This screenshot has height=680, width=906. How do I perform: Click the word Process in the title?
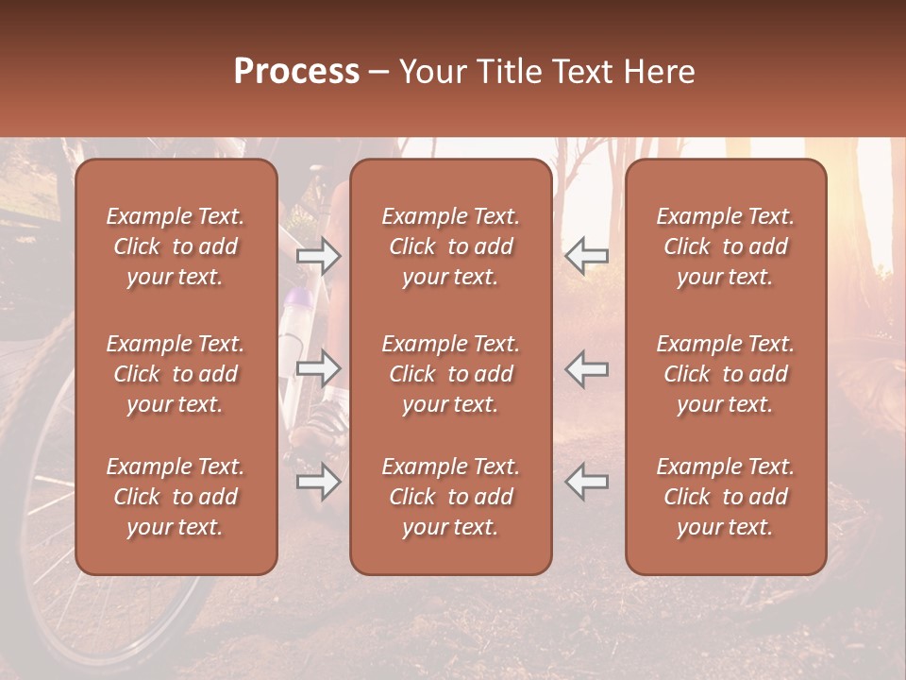[296, 72]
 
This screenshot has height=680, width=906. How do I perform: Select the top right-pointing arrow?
[319, 256]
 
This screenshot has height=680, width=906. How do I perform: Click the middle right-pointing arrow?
[319, 369]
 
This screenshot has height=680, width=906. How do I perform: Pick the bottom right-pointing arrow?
[319, 482]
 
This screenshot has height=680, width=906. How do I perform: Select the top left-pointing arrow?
[587, 256]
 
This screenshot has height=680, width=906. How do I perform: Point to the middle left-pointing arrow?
[587, 369]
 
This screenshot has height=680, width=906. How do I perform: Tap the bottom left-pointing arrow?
[587, 482]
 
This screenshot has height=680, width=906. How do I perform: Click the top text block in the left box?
[176, 246]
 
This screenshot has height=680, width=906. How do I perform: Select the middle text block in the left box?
[176, 374]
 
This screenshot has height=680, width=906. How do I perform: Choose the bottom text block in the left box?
[176, 497]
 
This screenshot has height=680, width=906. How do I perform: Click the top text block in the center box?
[450, 246]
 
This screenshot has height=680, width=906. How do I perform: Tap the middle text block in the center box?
[450, 374]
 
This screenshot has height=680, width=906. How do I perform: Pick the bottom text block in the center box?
[450, 497]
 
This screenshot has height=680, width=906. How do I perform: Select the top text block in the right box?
[725, 246]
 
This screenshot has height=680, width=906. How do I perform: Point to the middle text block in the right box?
[725, 374]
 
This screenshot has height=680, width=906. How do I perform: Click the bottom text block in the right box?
[725, 497]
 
